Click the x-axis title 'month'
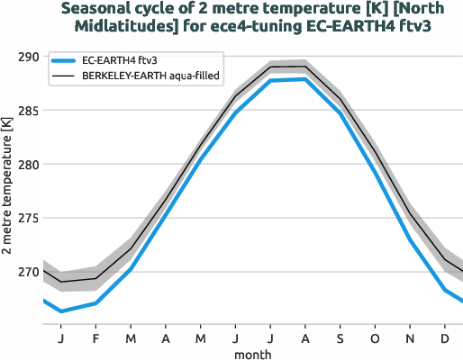(253, 355)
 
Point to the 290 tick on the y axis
(29, 57)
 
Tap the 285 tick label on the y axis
(29, 111)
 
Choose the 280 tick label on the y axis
(29, 165)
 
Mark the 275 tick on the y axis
(29, 219)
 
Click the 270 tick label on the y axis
(29, 272)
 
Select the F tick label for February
(95, 338)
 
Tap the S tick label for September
(340, 338)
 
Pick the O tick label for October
(376, 338)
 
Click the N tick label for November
(410, 338)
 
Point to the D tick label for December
(445, 338)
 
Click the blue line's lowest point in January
(60, 311)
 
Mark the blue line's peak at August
(306, 79)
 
